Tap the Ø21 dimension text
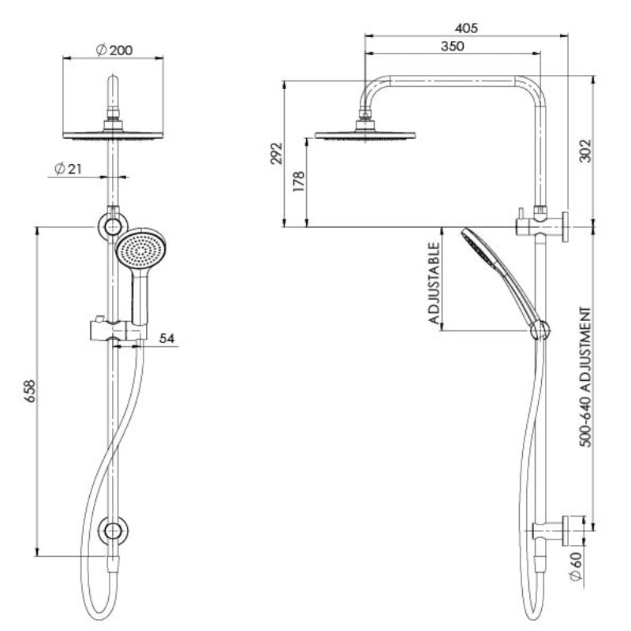(x=69, y=169)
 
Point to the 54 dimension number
(x=166, y=338)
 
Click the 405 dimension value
(x=467, y=28)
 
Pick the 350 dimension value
(x=452, y=46)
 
